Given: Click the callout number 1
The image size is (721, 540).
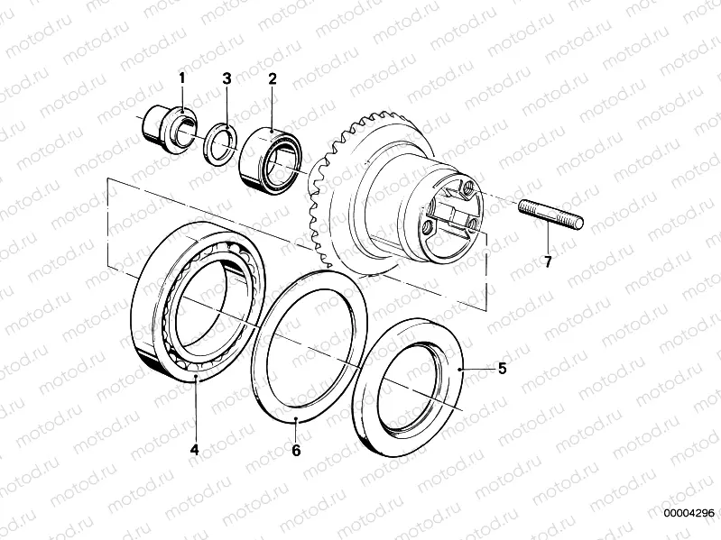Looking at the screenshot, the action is click(182, 78).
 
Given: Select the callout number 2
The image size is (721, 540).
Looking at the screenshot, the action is click(273, 78).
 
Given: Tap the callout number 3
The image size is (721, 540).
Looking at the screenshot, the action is click(226, 78).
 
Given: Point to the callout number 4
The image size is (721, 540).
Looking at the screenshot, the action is click(195, 450).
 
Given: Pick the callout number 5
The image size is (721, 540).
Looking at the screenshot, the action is click(502, 369).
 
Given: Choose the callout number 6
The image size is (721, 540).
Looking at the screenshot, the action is click(296, 451).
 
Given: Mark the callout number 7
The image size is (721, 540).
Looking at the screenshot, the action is click(548, 261).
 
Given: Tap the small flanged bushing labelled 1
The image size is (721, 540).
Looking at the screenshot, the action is click(169, 127).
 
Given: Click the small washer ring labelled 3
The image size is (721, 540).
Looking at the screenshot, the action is click(221, 142).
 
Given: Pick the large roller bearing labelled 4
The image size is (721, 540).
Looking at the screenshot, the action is click(199, 301).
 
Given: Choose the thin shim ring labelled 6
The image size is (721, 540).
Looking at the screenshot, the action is click(310, 344).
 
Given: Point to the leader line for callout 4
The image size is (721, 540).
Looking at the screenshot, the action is click(196, 408).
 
